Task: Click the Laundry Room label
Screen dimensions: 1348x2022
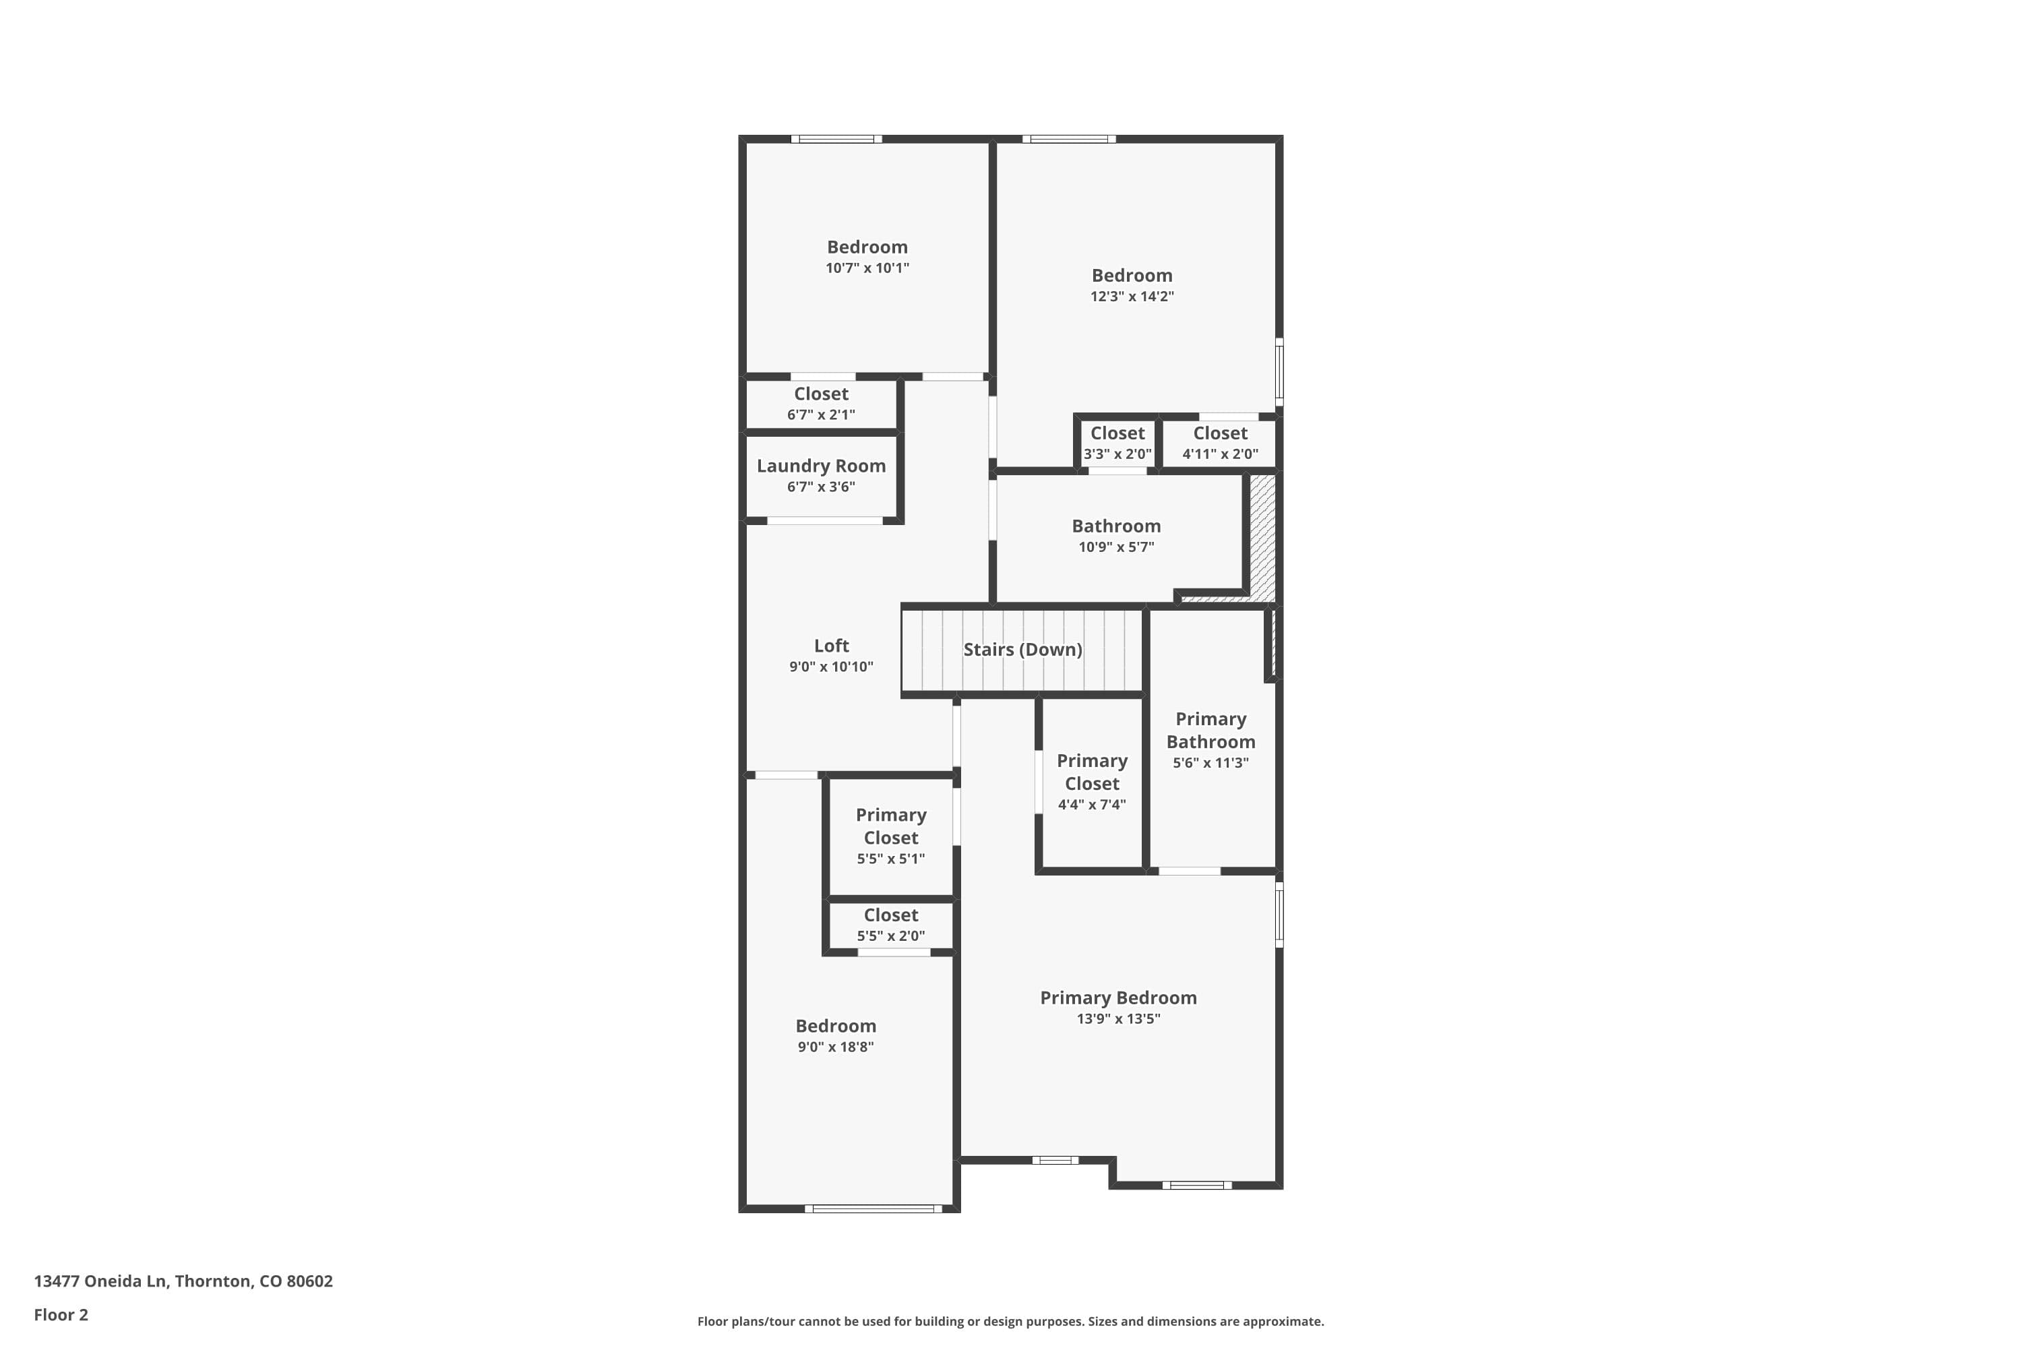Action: (820, 466)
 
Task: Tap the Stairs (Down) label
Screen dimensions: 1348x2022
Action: (1022, 650)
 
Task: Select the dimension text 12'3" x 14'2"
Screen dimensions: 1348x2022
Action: (1132, 297)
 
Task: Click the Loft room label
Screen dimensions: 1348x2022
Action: (830, 646)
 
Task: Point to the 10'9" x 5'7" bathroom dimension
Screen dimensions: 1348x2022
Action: (1116, 547)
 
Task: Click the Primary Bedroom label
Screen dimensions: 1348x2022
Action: (1117, 998)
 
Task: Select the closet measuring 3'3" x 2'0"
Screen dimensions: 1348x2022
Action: (1117, 443)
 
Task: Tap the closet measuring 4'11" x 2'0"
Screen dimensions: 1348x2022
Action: (1219, 443)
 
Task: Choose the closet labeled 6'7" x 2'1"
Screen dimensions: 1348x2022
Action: (820, 403)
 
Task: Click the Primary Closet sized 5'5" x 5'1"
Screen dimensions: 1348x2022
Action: (890, 836)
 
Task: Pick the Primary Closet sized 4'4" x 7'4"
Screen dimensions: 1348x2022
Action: (1091, 783)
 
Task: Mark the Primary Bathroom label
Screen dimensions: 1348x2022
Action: (1210, 731)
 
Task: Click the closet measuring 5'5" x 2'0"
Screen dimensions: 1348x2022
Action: (890, 924)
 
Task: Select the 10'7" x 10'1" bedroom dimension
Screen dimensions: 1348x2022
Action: (867, 268)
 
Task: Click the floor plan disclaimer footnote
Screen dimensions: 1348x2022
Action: (1010, 1321)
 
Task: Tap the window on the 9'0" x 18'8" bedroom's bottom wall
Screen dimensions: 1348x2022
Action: (873, 1208)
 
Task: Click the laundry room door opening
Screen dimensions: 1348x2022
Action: (824, 521)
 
